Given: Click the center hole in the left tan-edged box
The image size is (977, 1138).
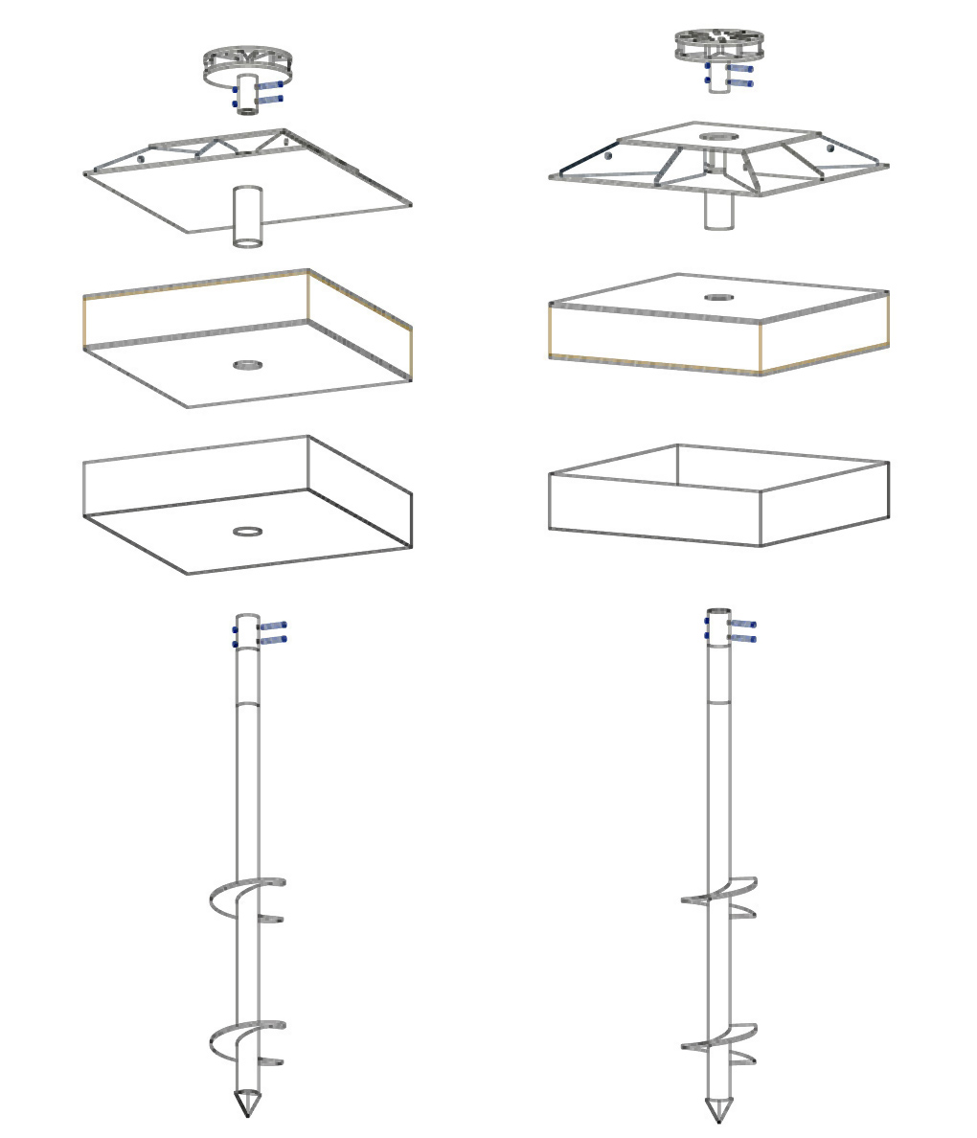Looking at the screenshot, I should pyautogui.click(x=248, y=365).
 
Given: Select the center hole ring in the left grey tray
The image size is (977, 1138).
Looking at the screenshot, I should pyautogui.click(x=248, y=531).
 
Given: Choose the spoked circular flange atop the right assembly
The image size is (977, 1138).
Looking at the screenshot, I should pyautogui.click(x=718, y=44).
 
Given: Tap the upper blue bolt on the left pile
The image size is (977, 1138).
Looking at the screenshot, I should pyautogui.click(x=272, y=625).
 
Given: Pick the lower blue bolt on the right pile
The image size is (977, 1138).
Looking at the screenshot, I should pyautogui.click(x=742, y=638).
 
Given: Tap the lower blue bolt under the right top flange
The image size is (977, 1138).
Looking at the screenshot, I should pyautogui.click(x=739, y=83).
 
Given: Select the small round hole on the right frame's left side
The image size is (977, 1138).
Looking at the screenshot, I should pyautogui.click(x=606, y=155).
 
